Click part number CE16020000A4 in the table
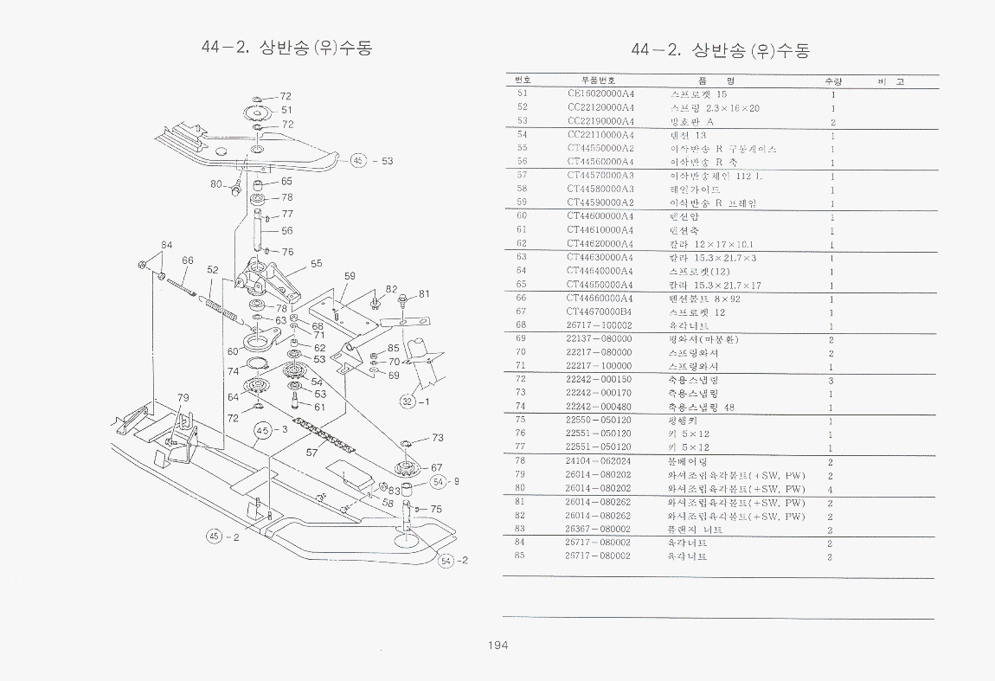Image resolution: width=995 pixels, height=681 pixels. (600, 93)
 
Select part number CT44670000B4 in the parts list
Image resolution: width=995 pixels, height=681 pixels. (600, 312)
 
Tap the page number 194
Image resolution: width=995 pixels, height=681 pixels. (497, 645)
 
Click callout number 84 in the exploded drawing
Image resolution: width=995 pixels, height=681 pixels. (167, 246)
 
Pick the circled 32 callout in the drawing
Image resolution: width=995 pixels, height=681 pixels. (408, 401)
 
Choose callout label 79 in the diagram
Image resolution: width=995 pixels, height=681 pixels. (183, 397)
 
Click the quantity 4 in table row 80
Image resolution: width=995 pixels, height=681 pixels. (831, 489)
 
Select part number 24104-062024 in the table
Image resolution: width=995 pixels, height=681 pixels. (598, 461)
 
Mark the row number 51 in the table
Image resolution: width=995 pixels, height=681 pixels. (522, 93)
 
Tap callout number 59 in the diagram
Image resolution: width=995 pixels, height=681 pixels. (350, 277)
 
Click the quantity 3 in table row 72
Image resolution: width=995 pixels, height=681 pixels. (831, 380)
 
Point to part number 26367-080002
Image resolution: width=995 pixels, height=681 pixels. (598, 530)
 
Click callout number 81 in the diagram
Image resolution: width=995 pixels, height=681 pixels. (424, 293)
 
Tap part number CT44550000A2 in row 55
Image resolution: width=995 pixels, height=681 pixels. (600, 148)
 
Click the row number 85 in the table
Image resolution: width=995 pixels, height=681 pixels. (522, 556)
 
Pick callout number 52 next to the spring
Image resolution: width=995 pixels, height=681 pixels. (213, 269)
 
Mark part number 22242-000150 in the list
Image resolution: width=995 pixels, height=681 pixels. (598, 380)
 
